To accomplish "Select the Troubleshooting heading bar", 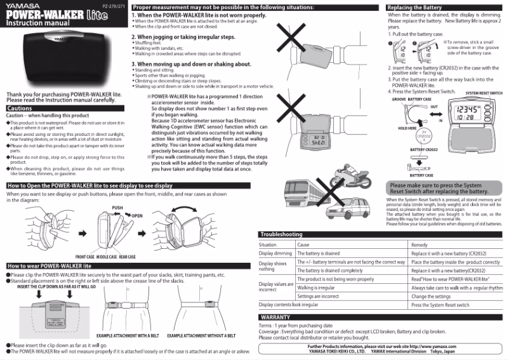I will pos(281,234).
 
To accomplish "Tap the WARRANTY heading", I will pos(275,316).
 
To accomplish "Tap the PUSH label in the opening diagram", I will pos(117,208).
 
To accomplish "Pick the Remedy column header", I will pos(419,244).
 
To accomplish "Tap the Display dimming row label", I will pos(276,253).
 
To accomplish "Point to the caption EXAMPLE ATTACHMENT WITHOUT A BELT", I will pos(202,334).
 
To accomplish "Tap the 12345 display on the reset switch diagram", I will pos(470,110).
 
